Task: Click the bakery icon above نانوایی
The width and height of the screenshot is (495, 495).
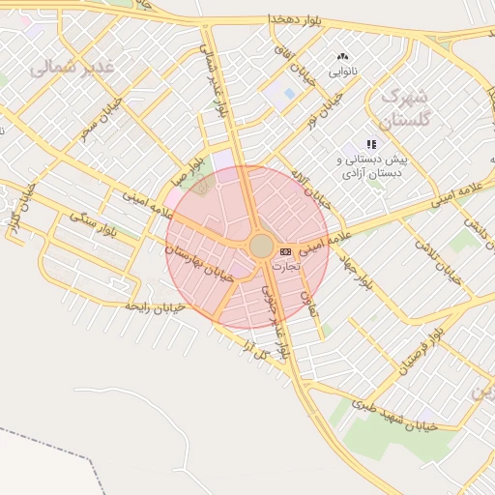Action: (x=341, y=58)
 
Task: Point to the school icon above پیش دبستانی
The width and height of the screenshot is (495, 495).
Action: (x=371, y=144)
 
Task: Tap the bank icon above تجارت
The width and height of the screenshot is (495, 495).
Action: (x=285, y=251)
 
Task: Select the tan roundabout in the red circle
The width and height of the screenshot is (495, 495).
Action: (x=261, y=246)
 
